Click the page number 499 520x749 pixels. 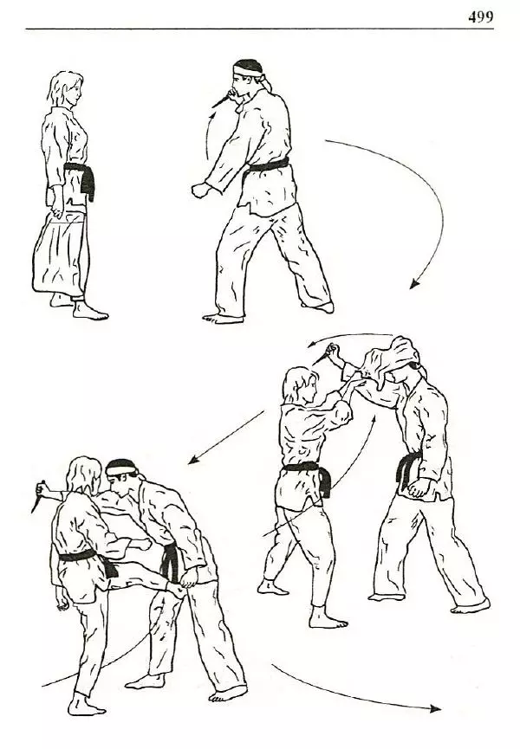click(x=480, y=17)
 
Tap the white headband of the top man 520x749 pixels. click(x=249, y=70)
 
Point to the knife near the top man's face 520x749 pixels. click(x=220, y=100)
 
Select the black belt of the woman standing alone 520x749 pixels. click(x=81, y=177)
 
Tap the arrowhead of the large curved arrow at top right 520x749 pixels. click(x=414, y=284)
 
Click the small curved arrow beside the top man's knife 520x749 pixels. click(x=209, y=136)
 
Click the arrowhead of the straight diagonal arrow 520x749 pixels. click(x=192, y=460)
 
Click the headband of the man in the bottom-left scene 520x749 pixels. click(x=120, y=469)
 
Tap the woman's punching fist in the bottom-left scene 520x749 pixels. click(x=142, y=544)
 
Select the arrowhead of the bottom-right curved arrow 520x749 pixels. click(x=435, y=708)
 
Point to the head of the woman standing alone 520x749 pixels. click(x=66, y=91)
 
